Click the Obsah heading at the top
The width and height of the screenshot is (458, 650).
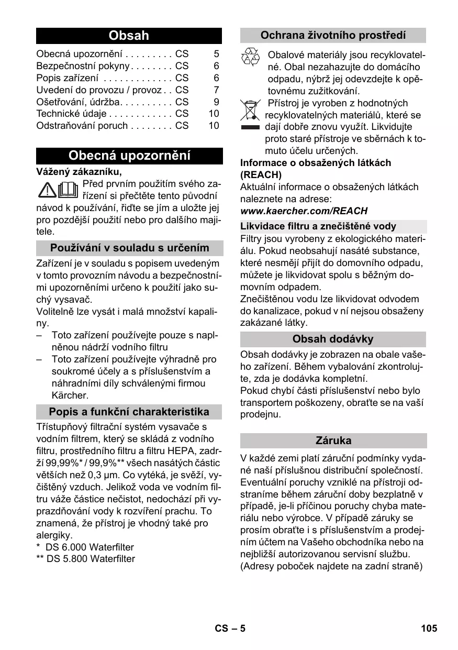129,36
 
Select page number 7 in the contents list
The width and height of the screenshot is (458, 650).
216,90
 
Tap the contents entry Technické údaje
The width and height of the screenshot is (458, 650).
71,114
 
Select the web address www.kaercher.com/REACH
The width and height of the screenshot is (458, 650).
304,211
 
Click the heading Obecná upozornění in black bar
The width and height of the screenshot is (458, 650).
129,156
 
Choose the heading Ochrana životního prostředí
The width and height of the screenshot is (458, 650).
333,36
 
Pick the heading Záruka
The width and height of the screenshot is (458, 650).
333,440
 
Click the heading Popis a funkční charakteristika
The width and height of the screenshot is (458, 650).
129,412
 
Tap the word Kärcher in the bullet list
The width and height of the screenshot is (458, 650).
70,395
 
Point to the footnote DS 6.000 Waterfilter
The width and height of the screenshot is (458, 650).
90,547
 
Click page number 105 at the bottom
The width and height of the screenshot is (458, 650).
428,628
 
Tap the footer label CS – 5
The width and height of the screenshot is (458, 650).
230,628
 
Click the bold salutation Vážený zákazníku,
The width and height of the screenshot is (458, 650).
79,171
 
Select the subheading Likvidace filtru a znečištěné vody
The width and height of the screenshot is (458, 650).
318,226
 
